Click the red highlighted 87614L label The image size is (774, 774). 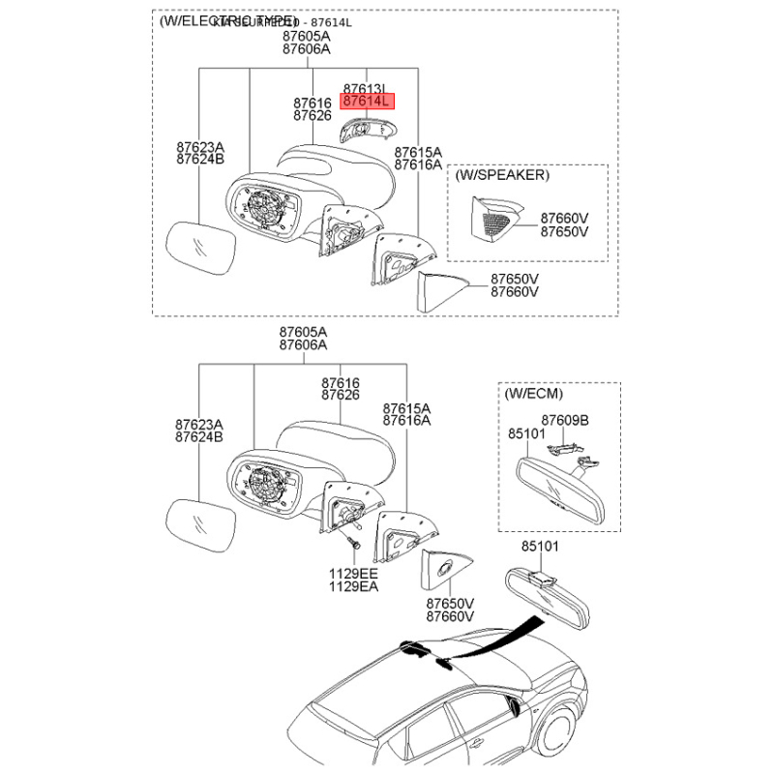[366, 101]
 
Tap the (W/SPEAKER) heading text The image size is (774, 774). [502, 175]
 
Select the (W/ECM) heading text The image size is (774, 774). [533, 394]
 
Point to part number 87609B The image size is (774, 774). [564, 420]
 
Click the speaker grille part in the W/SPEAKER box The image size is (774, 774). [492, 221]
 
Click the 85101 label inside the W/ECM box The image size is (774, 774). [527, 434]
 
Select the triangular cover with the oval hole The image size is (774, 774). [446, 572]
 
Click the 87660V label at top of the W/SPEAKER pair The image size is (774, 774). [564, 219]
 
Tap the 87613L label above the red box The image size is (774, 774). [365, 87]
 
